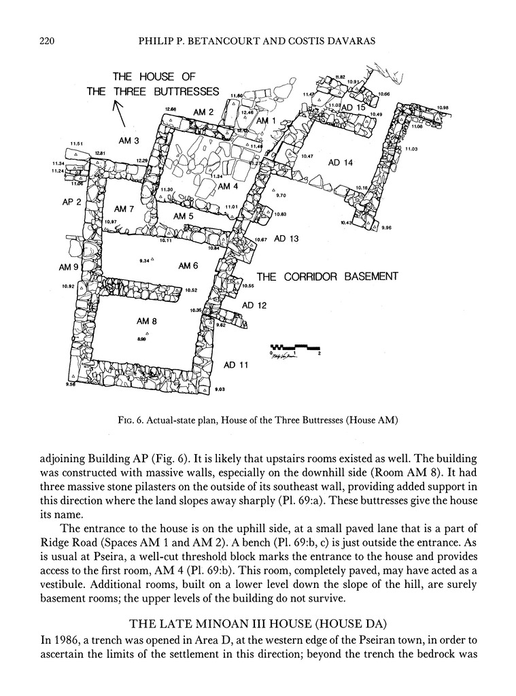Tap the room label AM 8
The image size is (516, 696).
[147, 321]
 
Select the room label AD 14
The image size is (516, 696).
[340, 162]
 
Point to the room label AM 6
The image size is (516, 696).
[188, 266]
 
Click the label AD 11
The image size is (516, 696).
[236, 365]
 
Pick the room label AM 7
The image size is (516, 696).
[124, 209]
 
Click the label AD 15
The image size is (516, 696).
[354, 108]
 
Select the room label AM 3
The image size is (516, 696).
[128, 141]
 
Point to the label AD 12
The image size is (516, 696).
[254, 305]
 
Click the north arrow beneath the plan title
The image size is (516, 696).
[120, 114]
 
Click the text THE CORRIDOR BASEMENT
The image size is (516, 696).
[326, 277]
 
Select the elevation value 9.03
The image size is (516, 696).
[220, 389]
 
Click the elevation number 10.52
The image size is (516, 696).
[190, 290]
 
